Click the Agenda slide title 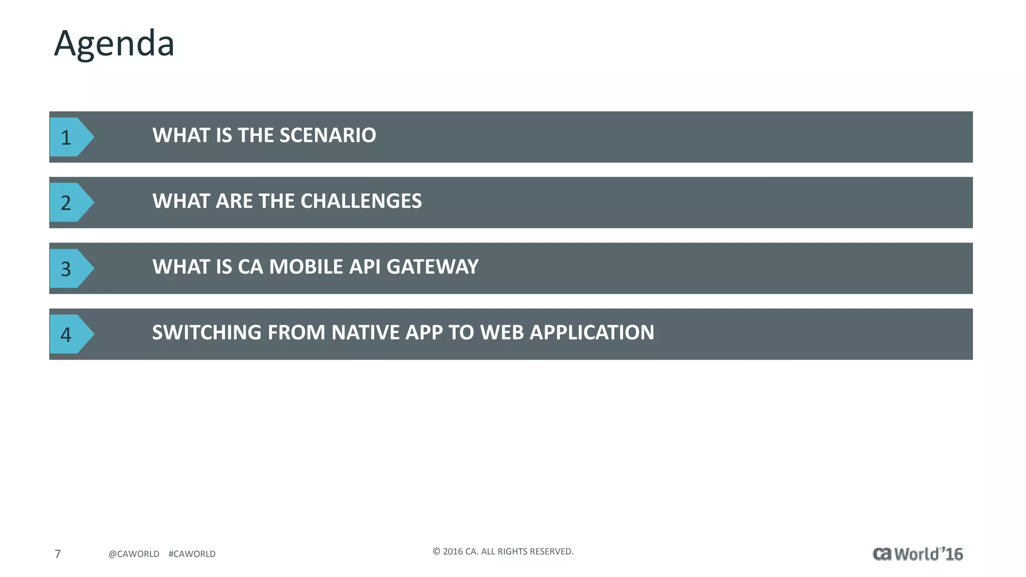tap(114, 44)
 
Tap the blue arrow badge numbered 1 tap(69, 137)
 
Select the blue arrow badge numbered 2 tap(69, 203)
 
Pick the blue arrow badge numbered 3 tap(69, 269)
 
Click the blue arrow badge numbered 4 tap(69, 335)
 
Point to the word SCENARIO tap(328, 135)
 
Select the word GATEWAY tap(432, 267)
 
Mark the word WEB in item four tap(502, 333)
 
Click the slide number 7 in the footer tap(58, 554)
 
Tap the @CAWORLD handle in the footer tap(134, 554)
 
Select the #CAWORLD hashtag tap(192, 554)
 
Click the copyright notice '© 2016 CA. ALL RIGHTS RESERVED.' tap(503, 551)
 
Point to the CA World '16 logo tap(918, 554)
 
